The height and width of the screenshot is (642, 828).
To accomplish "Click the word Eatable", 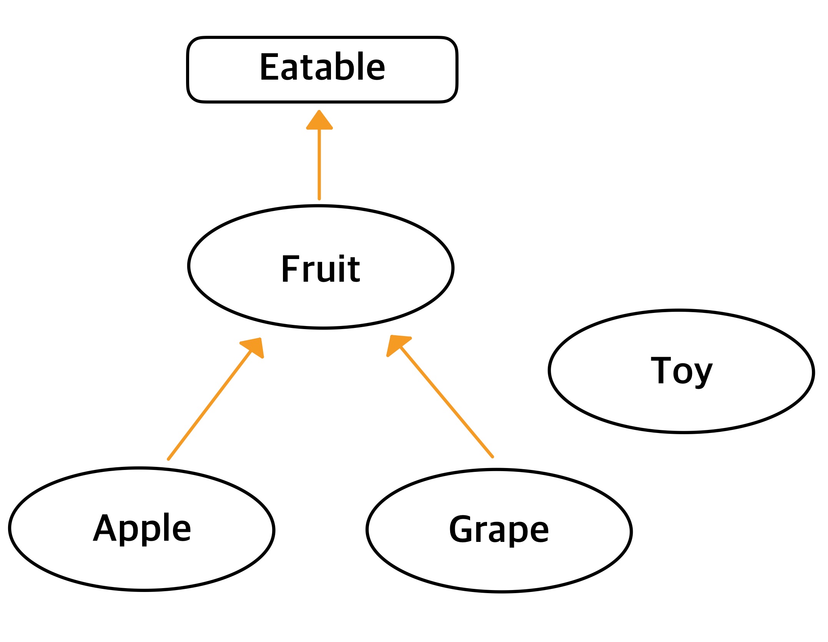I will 322,67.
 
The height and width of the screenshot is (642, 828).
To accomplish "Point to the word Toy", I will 681,370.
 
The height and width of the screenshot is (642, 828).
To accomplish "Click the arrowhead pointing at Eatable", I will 319,121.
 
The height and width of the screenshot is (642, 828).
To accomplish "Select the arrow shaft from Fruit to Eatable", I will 319,166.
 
